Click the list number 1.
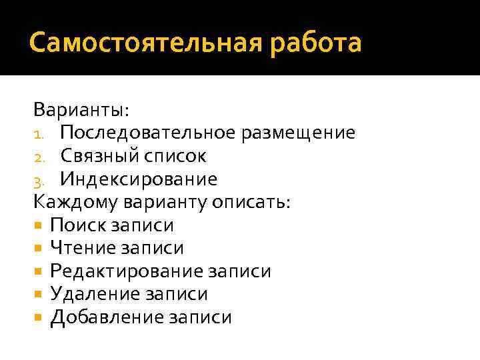pos(38,134)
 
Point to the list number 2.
pos(39,157)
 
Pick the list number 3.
pos(39,180)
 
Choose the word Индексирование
pos(139,179)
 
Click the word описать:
pos(251,202)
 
